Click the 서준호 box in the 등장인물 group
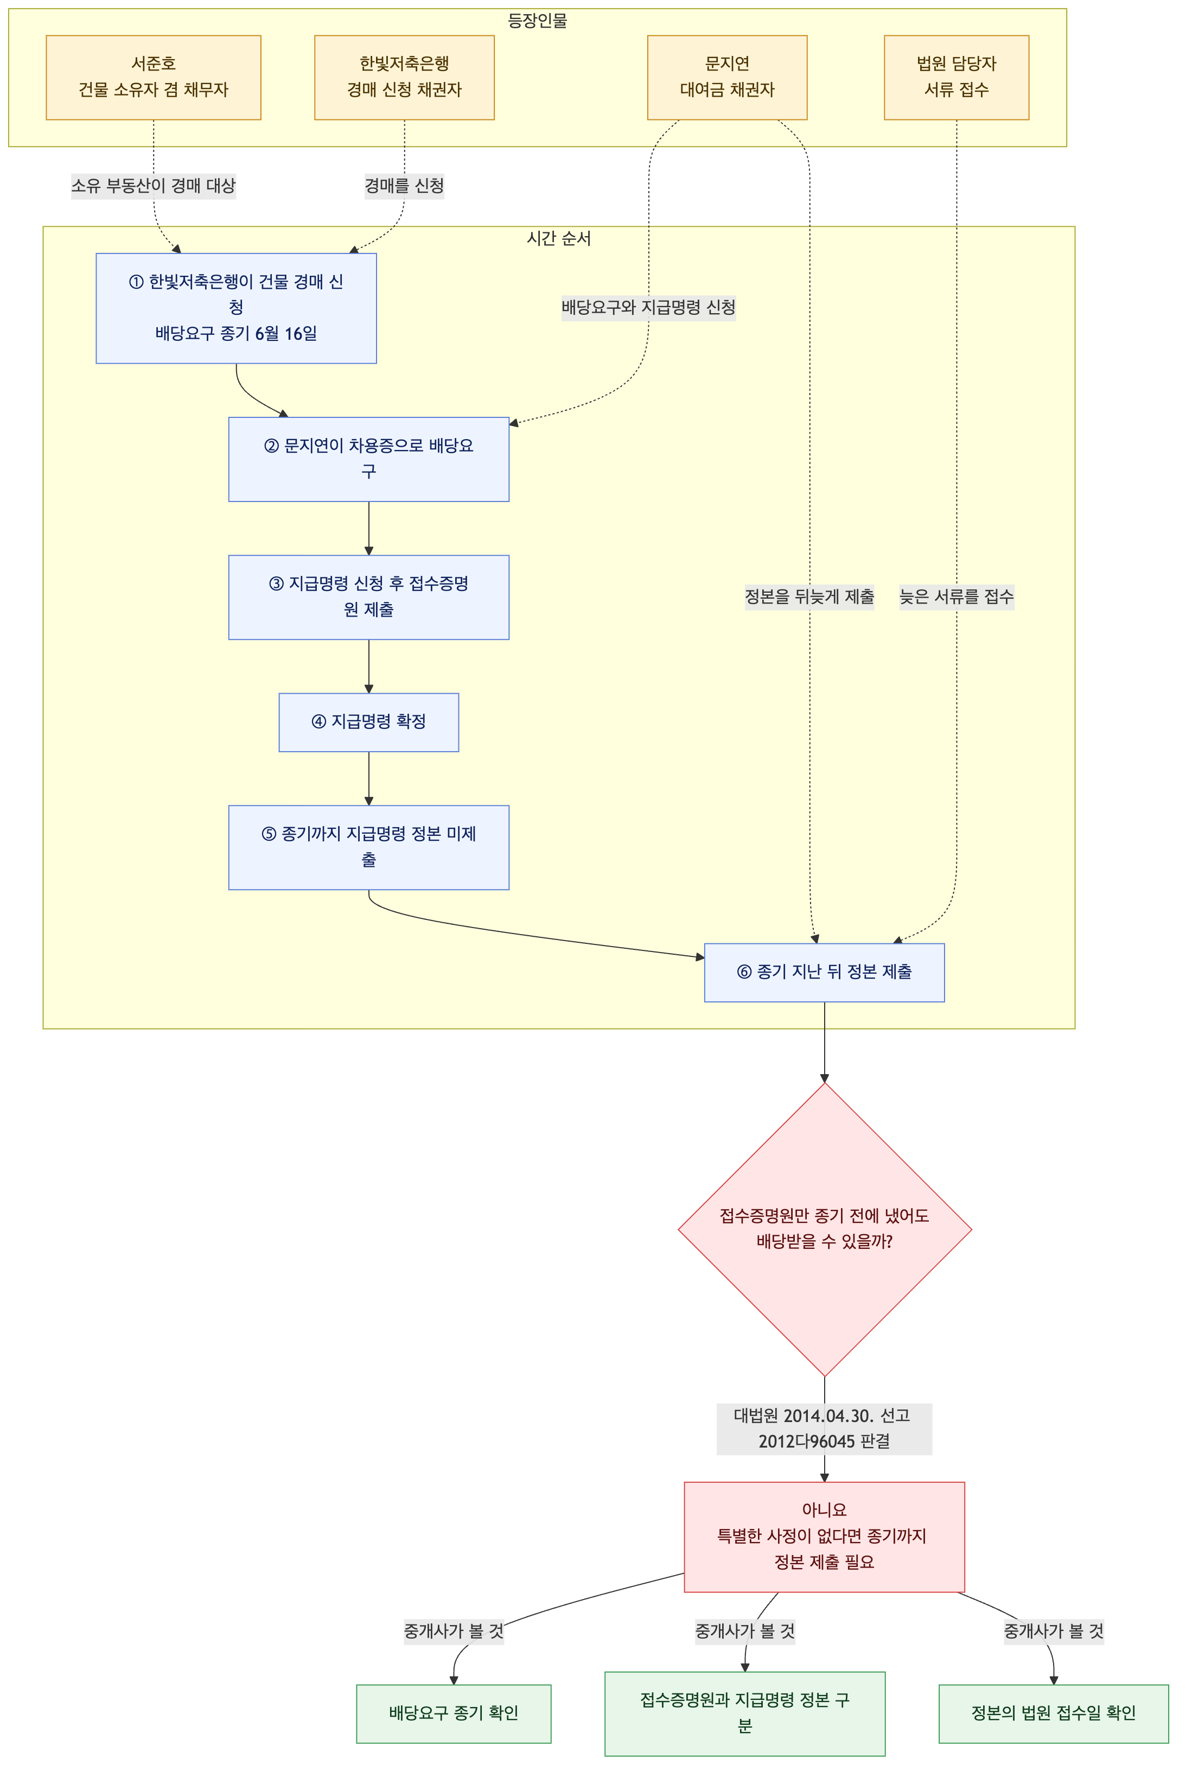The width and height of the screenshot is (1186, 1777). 154,77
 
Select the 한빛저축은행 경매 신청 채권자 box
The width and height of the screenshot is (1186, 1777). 404,77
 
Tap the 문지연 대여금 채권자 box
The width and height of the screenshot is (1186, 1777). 727,77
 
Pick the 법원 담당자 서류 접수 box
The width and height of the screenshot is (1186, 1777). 956,77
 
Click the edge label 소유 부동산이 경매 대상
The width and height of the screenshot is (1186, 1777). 154,185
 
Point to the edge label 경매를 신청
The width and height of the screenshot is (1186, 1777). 404,185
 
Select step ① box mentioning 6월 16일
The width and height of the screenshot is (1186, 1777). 236,308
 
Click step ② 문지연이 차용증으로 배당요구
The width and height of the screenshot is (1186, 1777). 368,459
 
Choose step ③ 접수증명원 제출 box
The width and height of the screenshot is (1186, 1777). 368,597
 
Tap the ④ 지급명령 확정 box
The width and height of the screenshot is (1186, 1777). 368,722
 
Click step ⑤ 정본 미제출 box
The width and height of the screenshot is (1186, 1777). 368,847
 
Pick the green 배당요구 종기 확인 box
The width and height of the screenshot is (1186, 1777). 454,1713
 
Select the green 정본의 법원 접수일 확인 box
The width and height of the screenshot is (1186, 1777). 1054,1713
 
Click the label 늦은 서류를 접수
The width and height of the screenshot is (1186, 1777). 956,597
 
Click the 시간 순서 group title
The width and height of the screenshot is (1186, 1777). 559,238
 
